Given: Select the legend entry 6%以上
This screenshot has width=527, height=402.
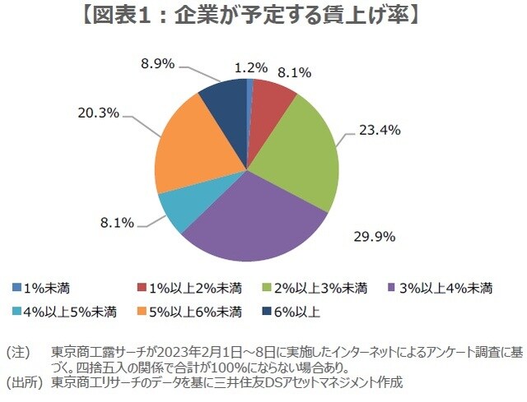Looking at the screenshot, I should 293,311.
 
